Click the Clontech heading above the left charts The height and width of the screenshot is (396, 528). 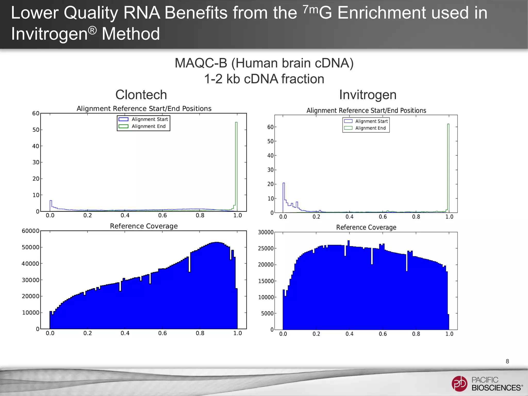pyautogui.click(x=141, y=95)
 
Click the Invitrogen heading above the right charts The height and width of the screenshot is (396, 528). pyautogui.click(x=368, y=95)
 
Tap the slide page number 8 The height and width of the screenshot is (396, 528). pyautogui.click(x=507, y=361)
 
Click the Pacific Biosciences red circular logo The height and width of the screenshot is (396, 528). pyautogui.click(x=459, y=383)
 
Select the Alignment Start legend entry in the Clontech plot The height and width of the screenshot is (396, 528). pyautogui.click(x=143, y=119)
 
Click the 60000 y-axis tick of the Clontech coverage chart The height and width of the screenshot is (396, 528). pyautogui.click(x=30, y=231)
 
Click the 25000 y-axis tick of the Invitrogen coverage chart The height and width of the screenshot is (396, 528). pyautogui.click(x=266, y=249)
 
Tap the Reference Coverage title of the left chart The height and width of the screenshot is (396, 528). pyautogui.click(x=144, y=226)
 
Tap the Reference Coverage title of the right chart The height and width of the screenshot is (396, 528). pyautogui.click(x=366, y=227)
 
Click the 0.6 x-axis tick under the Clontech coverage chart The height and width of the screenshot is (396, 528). pyautogui.click(x=162, y=333)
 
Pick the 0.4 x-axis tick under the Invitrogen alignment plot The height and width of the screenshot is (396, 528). pyautogui.click(x=349, y=217)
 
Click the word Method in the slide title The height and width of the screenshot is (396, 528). pyautogui.click(x=131, y=34)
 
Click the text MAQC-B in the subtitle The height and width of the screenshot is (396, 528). pyautogui.click(x=201, y=63)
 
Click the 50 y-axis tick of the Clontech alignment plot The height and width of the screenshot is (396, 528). pyautogui.click(x=36, y=130)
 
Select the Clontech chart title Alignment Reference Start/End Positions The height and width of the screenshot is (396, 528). pyautogui.click(x=144, y=109)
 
